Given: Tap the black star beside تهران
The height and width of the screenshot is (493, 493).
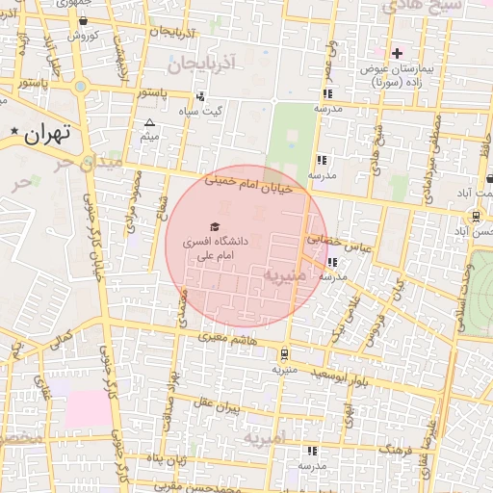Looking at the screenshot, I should pyautogui.click(x=13, y=131).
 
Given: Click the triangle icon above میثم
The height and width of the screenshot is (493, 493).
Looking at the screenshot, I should pyautogui.click(x=149, y=123).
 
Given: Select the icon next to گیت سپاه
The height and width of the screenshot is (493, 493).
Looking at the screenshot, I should pyautogui.click(x=200, y=96).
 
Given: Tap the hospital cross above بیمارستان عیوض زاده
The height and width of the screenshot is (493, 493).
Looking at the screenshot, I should pyautogui.click(x=397, y=52).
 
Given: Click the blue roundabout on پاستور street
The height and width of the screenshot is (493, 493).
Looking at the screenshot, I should pyautogui.click(x=81, y=87).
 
